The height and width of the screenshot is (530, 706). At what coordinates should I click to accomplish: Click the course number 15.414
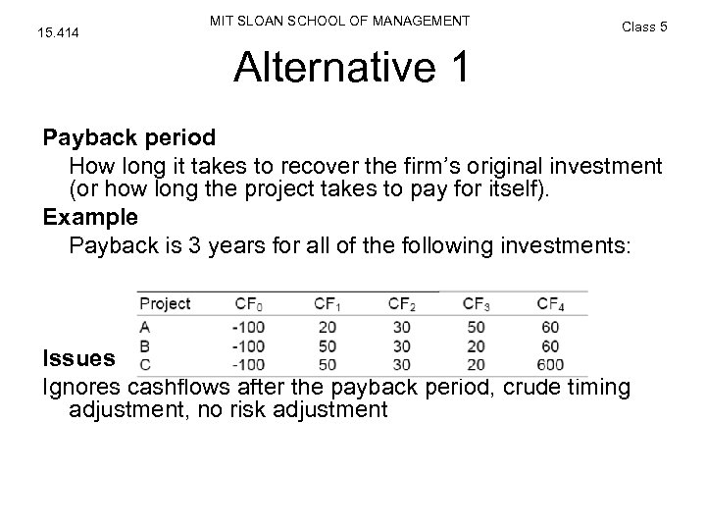click(57, 33)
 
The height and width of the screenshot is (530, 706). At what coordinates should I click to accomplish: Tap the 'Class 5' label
click(644, 26)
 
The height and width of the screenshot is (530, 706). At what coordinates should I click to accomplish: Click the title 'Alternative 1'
click(352, 69)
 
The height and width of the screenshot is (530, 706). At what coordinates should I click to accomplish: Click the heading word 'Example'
click(90, 214)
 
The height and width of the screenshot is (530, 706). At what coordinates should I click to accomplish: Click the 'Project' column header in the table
click(165, 303)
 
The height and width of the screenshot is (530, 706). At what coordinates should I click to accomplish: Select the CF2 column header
click(402, 303)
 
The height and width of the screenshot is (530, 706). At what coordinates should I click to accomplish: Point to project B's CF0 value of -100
click(249, 345)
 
